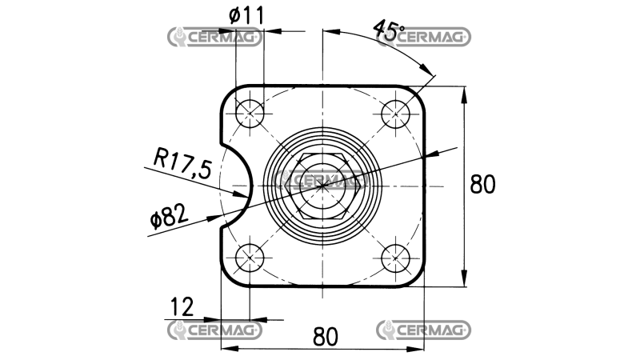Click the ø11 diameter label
[246, 15]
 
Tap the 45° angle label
[388, 30]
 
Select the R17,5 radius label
[183, 164]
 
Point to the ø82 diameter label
[169, 215]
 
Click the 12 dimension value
[182, 307]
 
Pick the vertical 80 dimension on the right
[482, 184]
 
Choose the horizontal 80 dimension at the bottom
[326, 337]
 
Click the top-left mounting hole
[250, 114]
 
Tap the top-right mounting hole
[395, 114]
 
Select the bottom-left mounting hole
[250, 258]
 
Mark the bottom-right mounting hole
[395, 258]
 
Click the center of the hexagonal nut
[322, 186]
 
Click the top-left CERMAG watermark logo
[214, 38]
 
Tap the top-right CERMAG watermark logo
[423, 37]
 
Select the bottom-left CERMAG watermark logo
[214, 330]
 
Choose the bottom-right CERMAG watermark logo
[423, 330]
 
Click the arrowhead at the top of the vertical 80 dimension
[464, 95]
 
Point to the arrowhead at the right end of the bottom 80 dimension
[415, 350]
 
